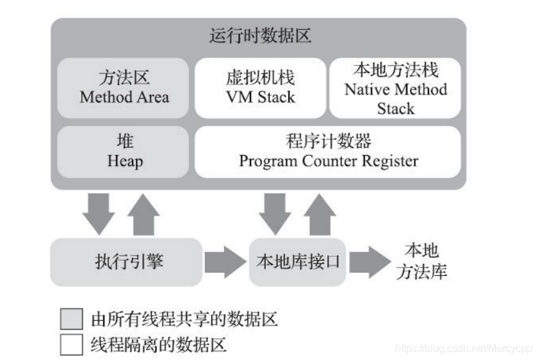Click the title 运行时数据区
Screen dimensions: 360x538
[x=259, y=36]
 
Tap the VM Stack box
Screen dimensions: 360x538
[x=260, y=88]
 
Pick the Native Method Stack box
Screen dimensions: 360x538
[x=395, y=88]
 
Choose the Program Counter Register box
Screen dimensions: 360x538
[x=328, y=152]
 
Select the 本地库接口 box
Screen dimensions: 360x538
[x=297, y=261]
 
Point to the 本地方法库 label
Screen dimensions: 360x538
[x=421, y=261]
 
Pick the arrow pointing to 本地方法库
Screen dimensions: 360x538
[x=368, y=261]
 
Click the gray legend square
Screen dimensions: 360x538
[x=72, y=318]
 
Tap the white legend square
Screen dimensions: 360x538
[x=72, y=345]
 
